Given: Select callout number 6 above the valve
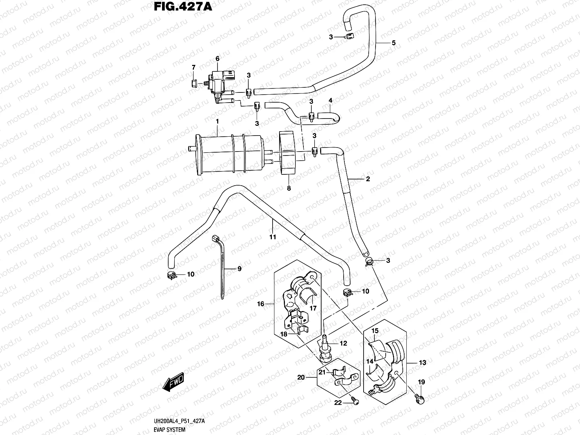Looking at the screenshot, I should click(217, 59).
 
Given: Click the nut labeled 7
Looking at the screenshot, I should click(194, 84).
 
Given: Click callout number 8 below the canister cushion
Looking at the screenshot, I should click(289, 188).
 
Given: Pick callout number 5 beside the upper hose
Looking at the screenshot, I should click(393, 43).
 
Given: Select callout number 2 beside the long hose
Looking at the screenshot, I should click(368, 179).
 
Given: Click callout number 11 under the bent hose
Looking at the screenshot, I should click(273, 237).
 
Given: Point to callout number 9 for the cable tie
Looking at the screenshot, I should click(239, 269).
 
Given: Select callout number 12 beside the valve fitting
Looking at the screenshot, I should click(344, 343).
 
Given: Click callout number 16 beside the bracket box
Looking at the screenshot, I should click(261, 304).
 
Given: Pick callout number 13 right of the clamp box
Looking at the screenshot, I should click(422, 362).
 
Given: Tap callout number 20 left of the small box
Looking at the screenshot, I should click(301, 377).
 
